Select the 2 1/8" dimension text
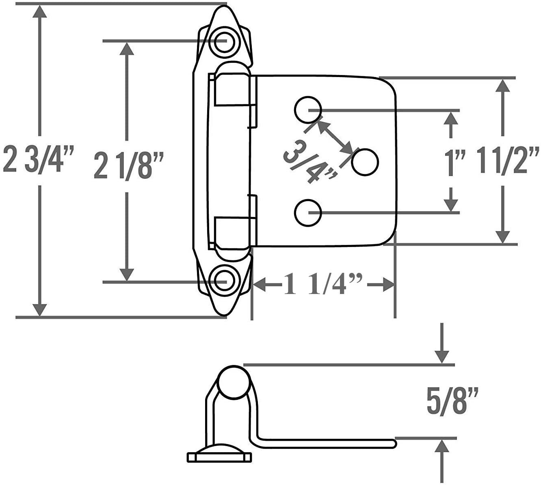tap(129, 165)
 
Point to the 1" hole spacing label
tap(455, 162)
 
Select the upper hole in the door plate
tap(308, 109)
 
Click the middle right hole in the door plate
tap(365, 162)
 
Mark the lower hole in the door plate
tap(308, 212)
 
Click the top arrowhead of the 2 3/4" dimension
tap(40, 11)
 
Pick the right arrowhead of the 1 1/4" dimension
tap(389, 285)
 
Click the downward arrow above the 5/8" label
tap(442, 343)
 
